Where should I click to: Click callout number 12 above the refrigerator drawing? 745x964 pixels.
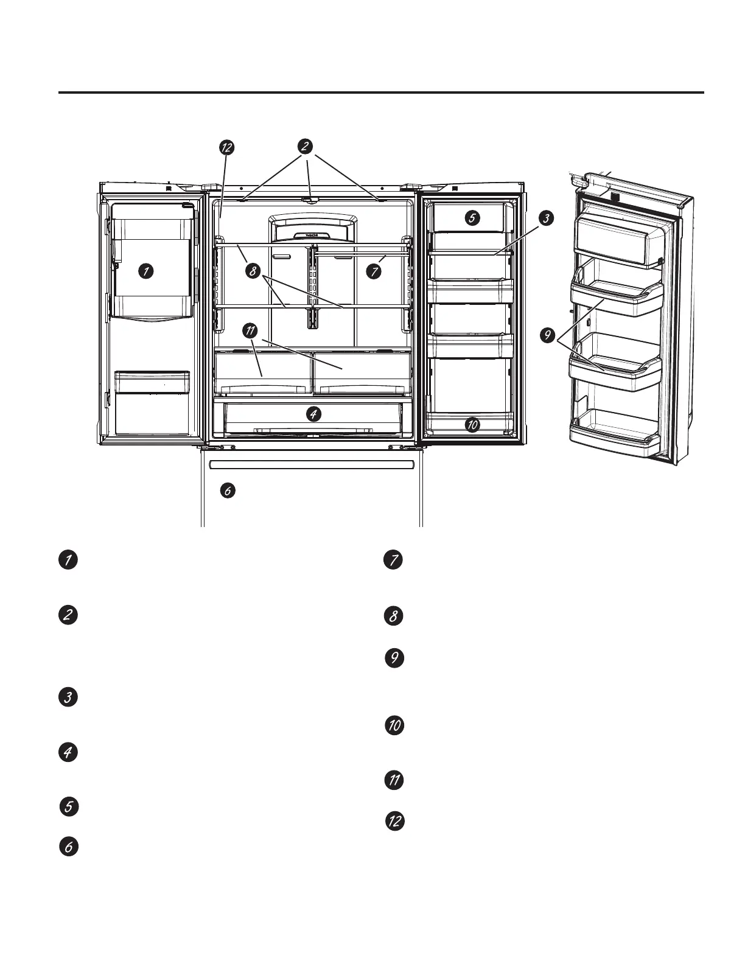click(x=227, y=148)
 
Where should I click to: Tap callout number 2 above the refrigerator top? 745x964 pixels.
click(x=306, y=146)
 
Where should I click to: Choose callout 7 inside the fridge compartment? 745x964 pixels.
click(x=374, y=271)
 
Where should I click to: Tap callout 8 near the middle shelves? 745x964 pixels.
click(x=253, y=271)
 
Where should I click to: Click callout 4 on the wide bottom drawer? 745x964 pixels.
click(x=313, y=414)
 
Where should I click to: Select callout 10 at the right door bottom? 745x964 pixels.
click(x=472, y=425)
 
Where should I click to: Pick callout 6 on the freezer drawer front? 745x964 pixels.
click(x=228, y=491)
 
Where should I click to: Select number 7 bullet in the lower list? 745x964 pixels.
click(x=394, y=560)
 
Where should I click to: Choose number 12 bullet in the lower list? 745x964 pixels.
click(x=395, y=821)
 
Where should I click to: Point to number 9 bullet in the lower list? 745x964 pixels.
click(x=395, y=658)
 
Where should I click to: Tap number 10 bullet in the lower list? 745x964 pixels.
click(x=395, y=725)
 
